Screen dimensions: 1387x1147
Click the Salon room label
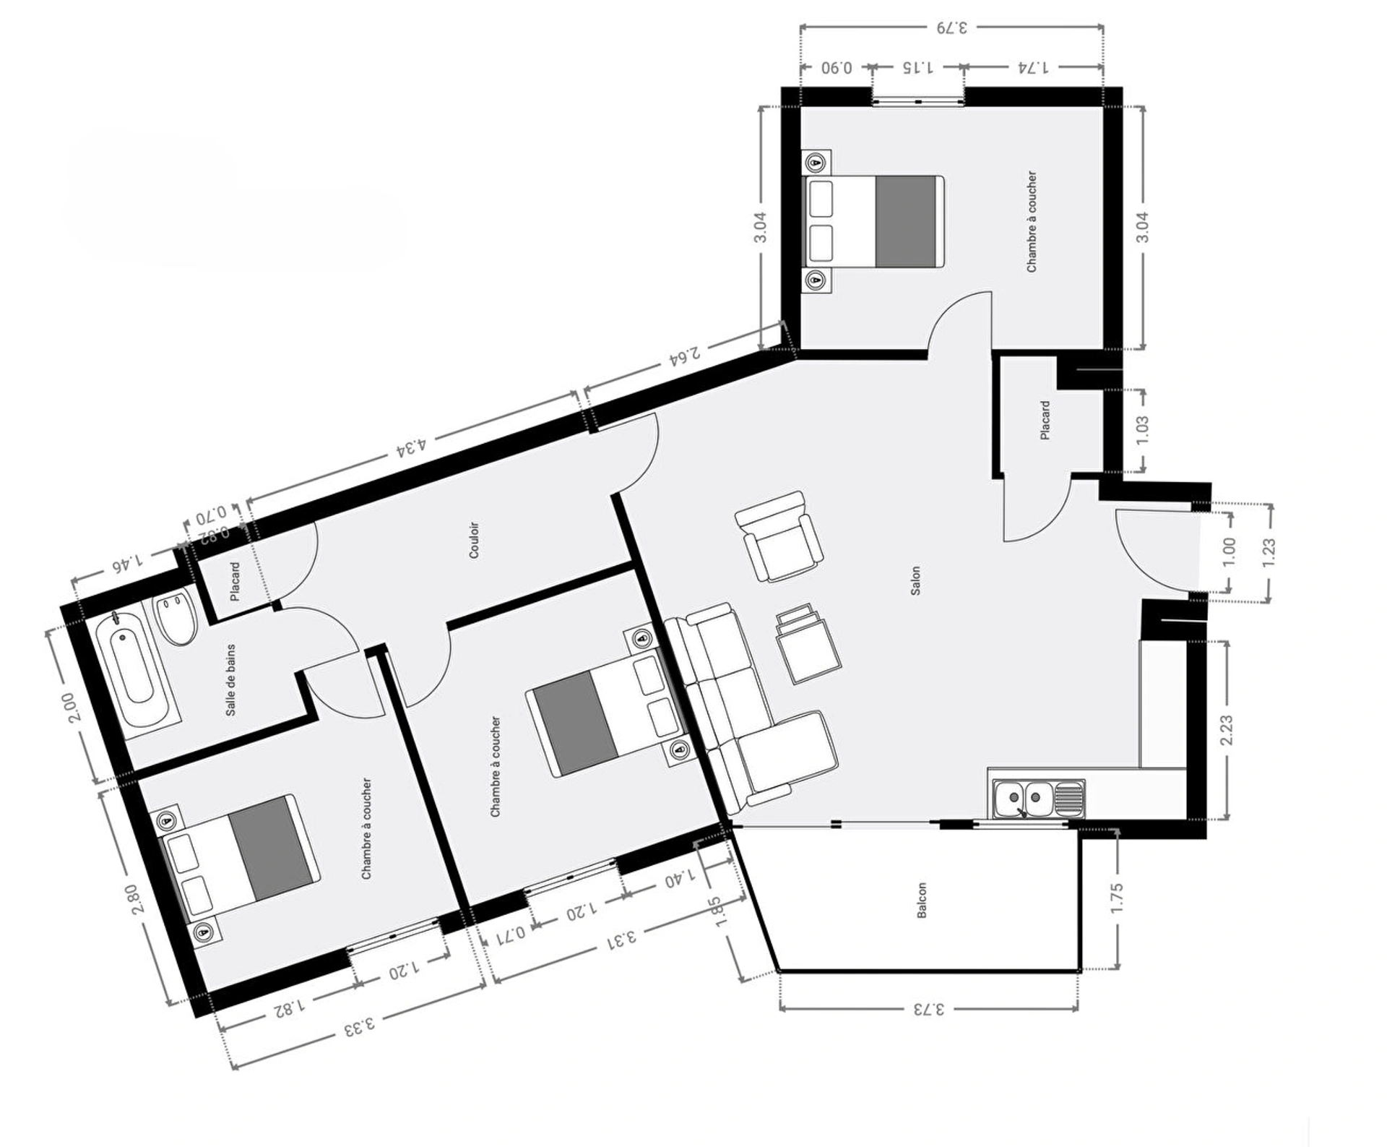(915, 580)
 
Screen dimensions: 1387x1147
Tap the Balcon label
(922, 901)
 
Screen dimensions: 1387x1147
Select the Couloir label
(474, 540)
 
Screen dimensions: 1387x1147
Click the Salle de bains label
(230, 680)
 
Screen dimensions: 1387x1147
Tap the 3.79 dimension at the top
(952, 27)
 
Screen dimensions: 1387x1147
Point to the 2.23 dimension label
(1226, 730)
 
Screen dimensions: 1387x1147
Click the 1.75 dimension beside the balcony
(1117, 898)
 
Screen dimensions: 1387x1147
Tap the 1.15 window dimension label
(917, 67)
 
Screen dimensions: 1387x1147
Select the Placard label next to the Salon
(1045, 420)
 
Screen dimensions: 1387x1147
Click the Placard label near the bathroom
(235, 581)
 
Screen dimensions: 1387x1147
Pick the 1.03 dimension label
(1142, 430)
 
